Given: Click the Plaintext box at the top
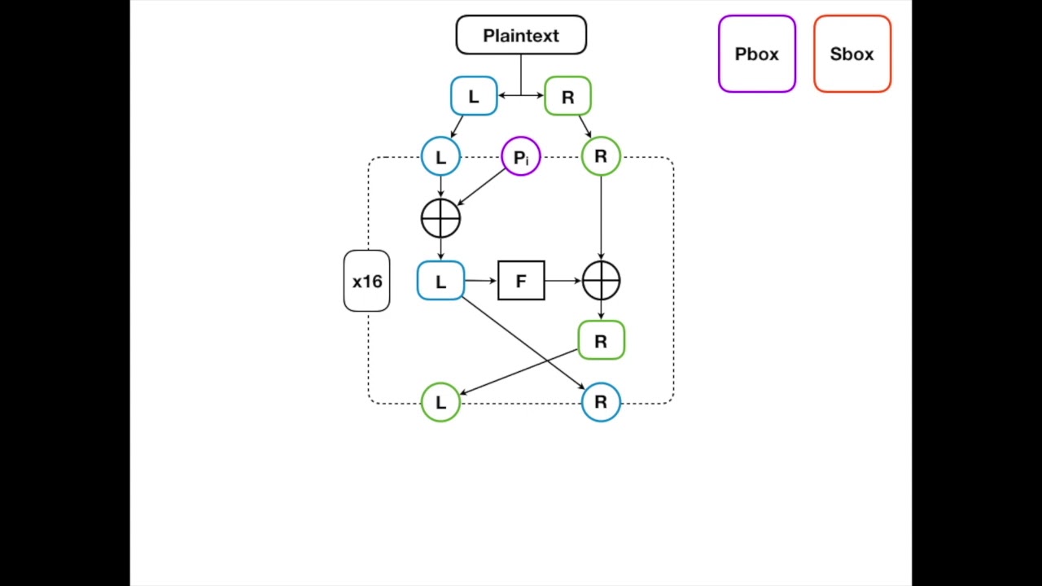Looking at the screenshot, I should tap(521, 35).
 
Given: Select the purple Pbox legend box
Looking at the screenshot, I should tap(757, 54).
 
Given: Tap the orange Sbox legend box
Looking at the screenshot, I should tap(852, 54).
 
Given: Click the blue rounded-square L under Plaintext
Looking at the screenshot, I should tap(474, 96).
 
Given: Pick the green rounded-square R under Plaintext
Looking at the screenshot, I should tap(567, 96).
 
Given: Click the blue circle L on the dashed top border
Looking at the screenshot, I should tap(440, 156).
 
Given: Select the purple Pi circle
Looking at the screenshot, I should tap(521, 156).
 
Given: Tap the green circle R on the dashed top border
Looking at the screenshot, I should tap(601, 156).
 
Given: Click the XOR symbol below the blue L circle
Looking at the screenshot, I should tap(440, 218).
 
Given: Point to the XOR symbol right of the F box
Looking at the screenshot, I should tap(601, 281).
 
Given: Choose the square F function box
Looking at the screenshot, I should tap(521, 281).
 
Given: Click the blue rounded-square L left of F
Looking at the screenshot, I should tap(440, 281).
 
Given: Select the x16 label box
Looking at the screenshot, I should tap(367, 281).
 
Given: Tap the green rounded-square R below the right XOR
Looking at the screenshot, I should tap(601, 341).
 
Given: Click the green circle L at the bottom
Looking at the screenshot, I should tap(440, 402).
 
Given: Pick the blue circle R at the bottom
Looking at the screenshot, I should tap(601, 402).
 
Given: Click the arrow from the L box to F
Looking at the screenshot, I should tap(480, 281).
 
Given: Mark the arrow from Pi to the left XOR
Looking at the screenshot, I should tap(482, 187).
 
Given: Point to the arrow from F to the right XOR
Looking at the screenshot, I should tap(563, 281).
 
